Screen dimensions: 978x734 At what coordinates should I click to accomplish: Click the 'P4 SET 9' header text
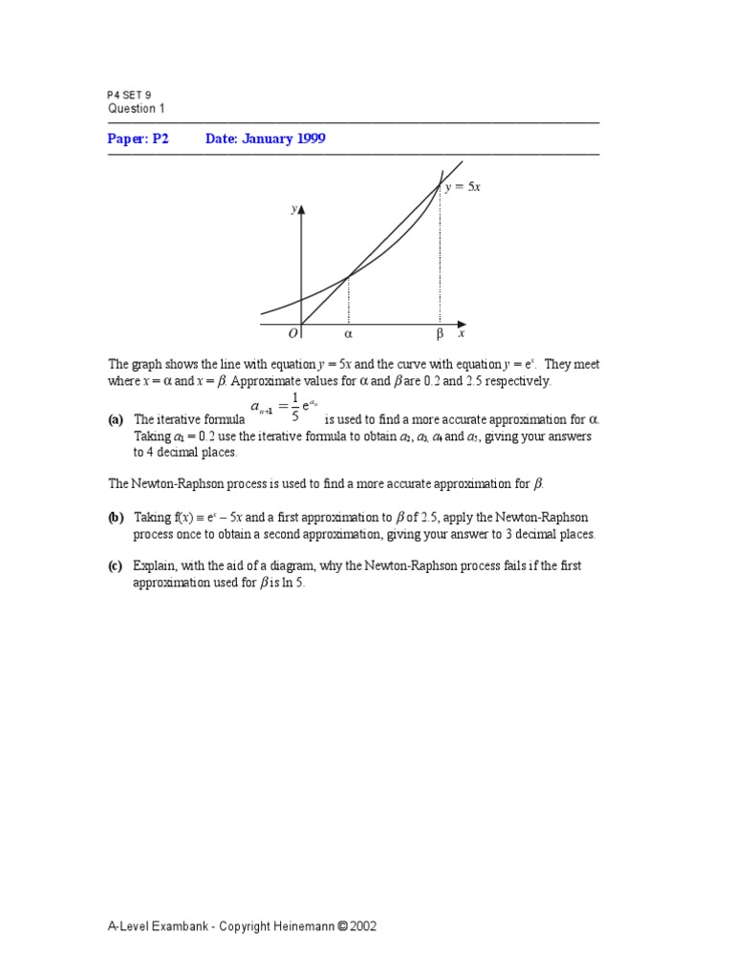(x=129, y=96)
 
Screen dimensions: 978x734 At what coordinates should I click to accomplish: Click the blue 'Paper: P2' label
(x=138, y=138)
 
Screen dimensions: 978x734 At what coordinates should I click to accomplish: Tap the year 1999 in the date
(x=308, y=138)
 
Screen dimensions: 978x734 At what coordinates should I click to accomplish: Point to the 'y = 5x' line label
(x=464, y=187)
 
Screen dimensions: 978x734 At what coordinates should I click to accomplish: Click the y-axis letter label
(x=293, y=208)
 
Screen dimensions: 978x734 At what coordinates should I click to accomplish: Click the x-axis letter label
(x=461, y=334)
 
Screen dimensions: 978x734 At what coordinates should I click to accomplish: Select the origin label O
(x=292, y=335)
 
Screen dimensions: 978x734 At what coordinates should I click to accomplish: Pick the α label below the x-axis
(x=348, y=335)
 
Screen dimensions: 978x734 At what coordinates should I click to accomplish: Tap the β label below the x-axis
(x=440, y=335)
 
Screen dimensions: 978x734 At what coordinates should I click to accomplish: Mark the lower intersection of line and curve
(x=348, y=276)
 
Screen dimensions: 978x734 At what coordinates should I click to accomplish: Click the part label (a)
(x=117, y=419)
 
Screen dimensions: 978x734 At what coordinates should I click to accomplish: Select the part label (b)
(x=117, y=518)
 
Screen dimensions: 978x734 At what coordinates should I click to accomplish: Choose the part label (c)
(x=117, y=566)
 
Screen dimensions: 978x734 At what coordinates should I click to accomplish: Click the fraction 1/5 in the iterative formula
(x=295, y=406)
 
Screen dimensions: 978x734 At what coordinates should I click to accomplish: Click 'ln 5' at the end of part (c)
(x=291, y=583)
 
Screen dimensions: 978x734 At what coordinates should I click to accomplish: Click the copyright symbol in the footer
(x=342, y=926)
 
